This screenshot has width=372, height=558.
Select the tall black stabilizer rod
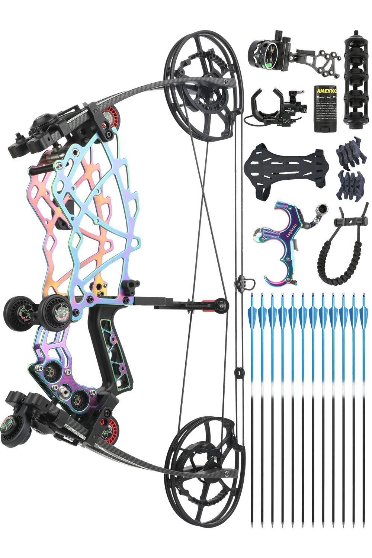[356, 80]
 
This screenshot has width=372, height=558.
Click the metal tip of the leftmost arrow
[252, 525]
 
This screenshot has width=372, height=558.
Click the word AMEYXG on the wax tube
[327, 91]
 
